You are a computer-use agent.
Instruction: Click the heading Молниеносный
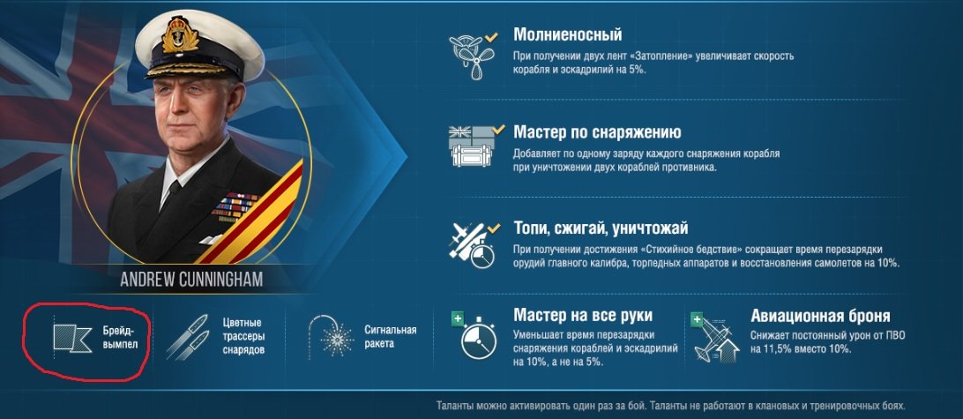(568, 35)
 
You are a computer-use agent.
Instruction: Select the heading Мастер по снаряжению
(598, 132)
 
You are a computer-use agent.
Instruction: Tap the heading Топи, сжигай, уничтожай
(601, 229)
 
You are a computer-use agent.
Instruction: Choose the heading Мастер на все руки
(583, 316)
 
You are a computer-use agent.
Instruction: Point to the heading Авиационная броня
(820, 317)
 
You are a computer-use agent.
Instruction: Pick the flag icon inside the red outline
(73, 339)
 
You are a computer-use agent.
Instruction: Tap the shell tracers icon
(187, 337)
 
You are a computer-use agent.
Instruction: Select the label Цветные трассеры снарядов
(243, 336)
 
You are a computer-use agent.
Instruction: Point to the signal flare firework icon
(332, 335)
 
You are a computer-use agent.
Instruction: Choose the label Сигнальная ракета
(390, 337)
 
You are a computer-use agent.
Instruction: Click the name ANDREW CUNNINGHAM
(191, 281)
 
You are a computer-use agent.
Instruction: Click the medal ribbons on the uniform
(235, 206)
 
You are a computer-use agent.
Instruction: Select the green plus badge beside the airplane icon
(697, 319)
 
